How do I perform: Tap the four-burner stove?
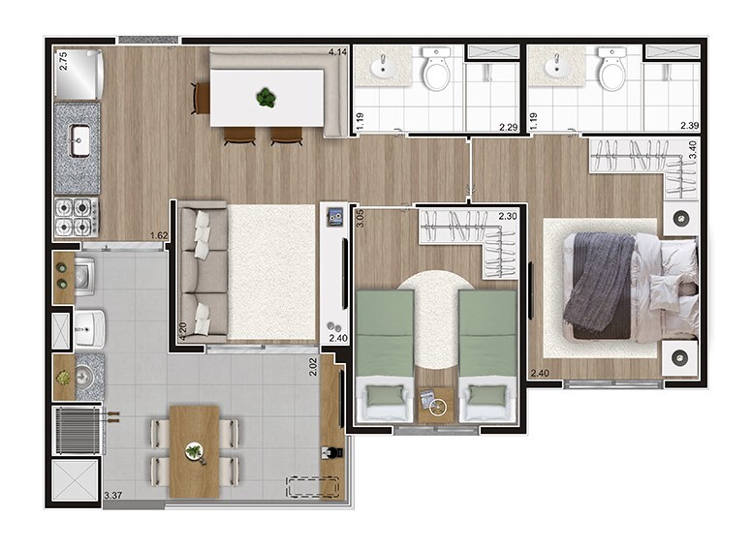click(x=77, y=217)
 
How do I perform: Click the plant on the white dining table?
click(x=266, y=98)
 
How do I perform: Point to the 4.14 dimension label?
click(x=337, y=52)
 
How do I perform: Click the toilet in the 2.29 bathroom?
click(x=436, y=68)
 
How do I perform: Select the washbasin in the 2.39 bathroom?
click(x=557, y=67)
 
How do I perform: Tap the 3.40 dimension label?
click(x=692, y=149)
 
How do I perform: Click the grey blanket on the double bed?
click(x=598, y=281)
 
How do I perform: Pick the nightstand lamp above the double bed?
click(x=680, y=219)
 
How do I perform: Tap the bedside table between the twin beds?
click(x=436, y=406)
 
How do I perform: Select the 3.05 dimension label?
click(x=361, y=219)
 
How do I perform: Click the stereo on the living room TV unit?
click(x=335, y=217)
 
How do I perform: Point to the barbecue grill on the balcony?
click(x=78, y=431)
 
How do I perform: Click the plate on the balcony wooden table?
click(x=194, y=451)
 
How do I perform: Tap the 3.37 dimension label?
click(x=112, y=495)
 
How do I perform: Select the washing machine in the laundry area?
click(x=85, y=276)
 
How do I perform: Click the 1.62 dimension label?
click(x=159, y=235)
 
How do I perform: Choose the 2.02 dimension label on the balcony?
click(x=313, y=367)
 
